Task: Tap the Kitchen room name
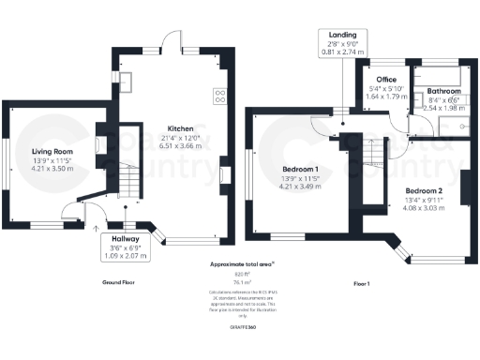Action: coord(181,128)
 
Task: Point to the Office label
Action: coord(385,80)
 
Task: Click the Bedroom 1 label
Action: coord(301,170)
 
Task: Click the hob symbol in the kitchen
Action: coord(221,94)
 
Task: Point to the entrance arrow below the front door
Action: coord(97,226)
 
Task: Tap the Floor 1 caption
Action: coord(361,282)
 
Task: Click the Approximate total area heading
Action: coord(235,265)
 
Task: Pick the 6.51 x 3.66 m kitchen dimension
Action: coord(181,146)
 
